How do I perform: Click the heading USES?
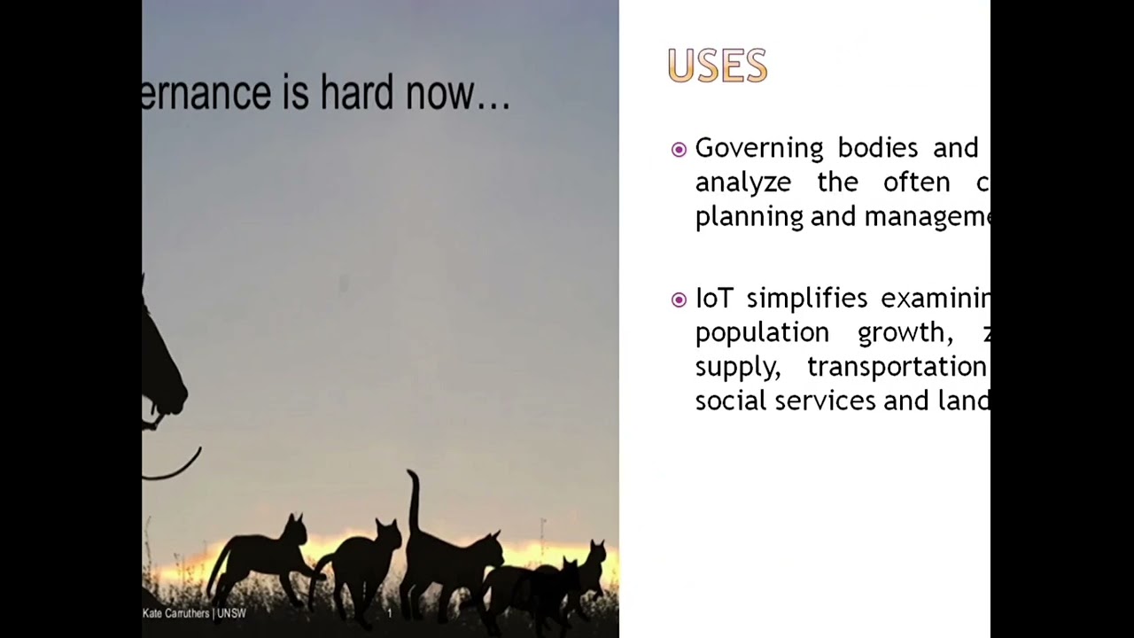[x=717, y=66]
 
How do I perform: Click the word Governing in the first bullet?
[x=758, y=148]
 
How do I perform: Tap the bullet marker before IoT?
[x=679, y=300]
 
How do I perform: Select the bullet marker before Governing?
[x=679, y=150]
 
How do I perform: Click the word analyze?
[x=742, y=183]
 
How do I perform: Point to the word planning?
[x=749, y=217]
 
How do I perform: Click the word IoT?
[x=713, y=299]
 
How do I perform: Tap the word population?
[x=761, y=333]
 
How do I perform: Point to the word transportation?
[x=896, y=366]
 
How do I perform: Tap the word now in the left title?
[x=440, y=94]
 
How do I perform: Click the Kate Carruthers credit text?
[x=175, y=613]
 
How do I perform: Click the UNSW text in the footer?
[x=232, y=613]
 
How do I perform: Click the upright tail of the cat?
[x=413, y=501]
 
